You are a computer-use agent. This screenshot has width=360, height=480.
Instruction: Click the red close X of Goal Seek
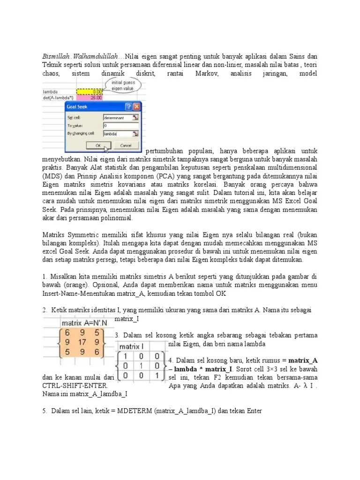coord(136,106)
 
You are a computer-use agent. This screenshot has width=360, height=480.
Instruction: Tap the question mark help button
coord(128,106)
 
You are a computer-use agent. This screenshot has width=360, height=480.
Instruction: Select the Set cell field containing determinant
coord(117,118)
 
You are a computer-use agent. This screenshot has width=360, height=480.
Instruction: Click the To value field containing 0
coord(117,126)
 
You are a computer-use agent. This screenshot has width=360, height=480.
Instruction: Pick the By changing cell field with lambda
coord(117,134)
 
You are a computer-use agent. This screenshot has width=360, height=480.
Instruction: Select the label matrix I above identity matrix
coord(133,346)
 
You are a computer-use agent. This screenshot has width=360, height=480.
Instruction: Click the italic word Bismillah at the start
coord(53,57)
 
